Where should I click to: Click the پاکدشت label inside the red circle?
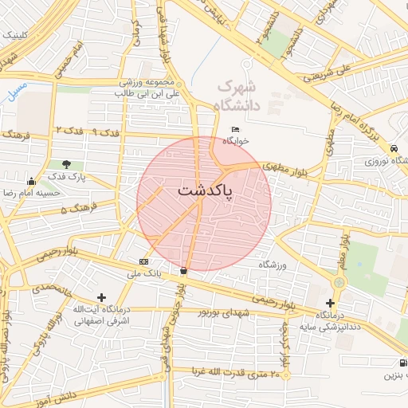200,191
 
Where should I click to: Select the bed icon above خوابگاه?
235,129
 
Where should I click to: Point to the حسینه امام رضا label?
32,193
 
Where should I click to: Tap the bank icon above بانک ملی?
143,262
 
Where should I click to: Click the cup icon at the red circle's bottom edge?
185,271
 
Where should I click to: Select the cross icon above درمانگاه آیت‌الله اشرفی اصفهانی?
101,297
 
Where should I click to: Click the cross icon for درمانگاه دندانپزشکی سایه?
331,303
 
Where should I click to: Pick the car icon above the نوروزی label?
394,149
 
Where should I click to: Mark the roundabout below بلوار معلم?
340,282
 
